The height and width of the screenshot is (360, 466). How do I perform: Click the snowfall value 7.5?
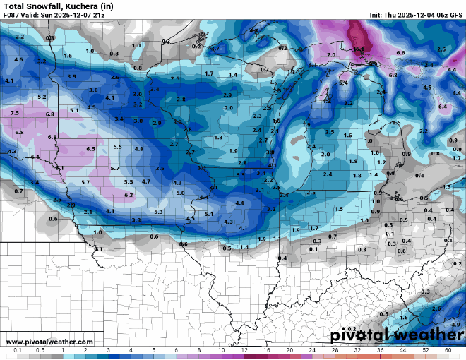[x=14, y=113]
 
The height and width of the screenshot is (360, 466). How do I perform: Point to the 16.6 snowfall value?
[x=359, y=49]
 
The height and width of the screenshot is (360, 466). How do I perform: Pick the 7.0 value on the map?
[x=331, y=55]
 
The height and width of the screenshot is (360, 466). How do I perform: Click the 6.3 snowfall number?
[x=129, y=195]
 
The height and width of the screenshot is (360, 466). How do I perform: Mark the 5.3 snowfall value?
[x=158, y=212]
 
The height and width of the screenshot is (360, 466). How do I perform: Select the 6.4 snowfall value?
[x=443, y=106]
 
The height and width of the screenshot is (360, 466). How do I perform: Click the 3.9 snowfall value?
[x=71, y=76]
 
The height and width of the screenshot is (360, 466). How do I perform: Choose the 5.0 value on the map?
[x=180, y=193]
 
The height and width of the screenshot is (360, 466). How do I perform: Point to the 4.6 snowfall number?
[x=18, y=60]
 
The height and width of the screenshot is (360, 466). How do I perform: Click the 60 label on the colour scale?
[x=448, y=350]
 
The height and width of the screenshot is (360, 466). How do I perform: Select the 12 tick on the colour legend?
[x=244, y=350]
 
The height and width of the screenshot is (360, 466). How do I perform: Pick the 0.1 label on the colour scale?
[x=17, y=350]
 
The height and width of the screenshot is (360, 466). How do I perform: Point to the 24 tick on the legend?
[x=312, y=350]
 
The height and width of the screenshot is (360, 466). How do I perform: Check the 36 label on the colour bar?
[x=380, y=350]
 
